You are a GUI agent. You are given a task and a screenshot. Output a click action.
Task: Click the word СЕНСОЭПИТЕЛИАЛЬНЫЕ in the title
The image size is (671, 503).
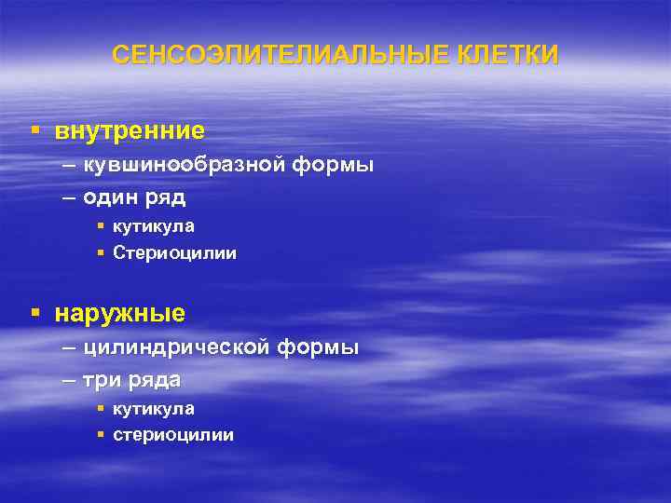270,55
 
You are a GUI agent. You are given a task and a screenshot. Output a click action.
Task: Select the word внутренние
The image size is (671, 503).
130,131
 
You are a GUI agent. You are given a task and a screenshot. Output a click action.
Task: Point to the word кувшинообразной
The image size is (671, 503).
183,166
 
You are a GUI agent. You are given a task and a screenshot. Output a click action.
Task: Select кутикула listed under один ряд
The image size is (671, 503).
154,226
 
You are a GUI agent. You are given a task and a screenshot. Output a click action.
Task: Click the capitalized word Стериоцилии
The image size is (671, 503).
174,252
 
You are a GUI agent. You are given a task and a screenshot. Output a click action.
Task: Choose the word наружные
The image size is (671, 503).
120,313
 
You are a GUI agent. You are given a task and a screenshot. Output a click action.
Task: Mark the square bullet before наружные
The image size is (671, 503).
34,313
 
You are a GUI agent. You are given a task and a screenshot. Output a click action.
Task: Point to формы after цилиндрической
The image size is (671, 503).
318,348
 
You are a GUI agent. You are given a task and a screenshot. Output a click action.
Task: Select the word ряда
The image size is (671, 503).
155,380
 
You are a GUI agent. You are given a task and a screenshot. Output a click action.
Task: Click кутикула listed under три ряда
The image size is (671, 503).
154,409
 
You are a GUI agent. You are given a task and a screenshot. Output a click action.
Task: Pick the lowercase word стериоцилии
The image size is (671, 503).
173,435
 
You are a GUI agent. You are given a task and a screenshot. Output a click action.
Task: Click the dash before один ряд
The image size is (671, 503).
71,197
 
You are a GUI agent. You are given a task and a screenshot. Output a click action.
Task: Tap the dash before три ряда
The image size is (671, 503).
71,380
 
